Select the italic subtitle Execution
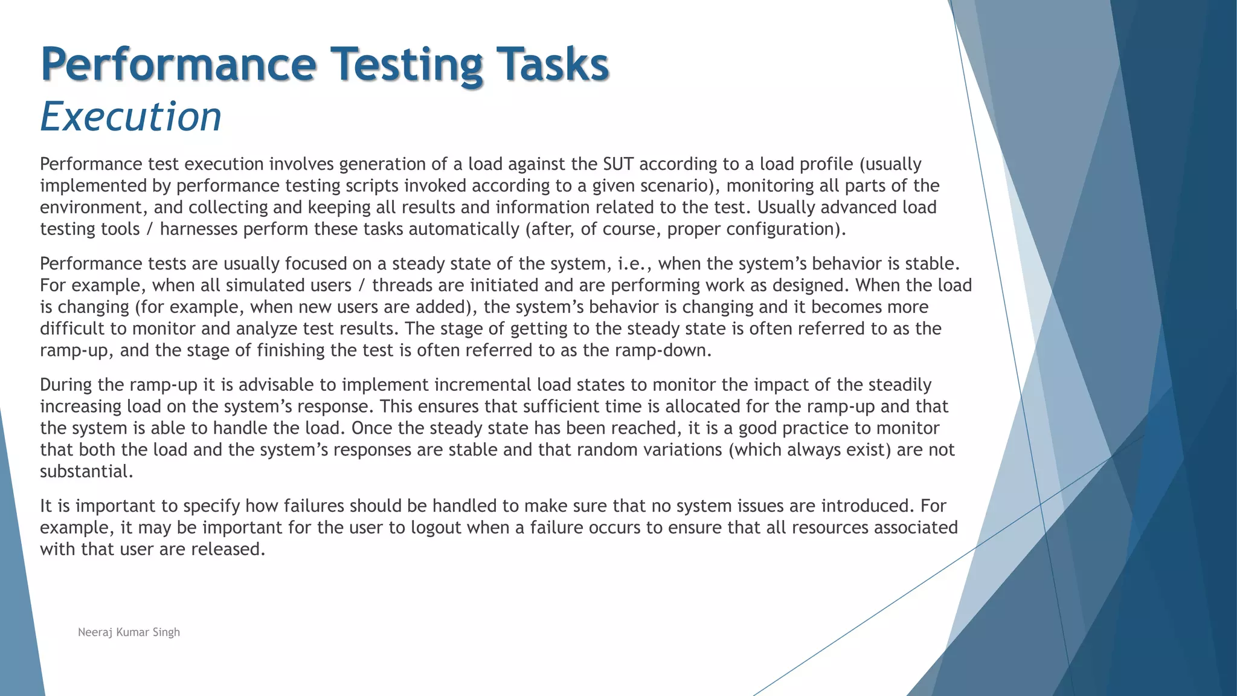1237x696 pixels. (130, 116)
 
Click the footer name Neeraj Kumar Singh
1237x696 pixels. (129, 632)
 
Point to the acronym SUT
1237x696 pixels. (618, 164)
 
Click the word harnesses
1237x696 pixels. (199, 229)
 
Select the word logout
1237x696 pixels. (435, 527)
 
